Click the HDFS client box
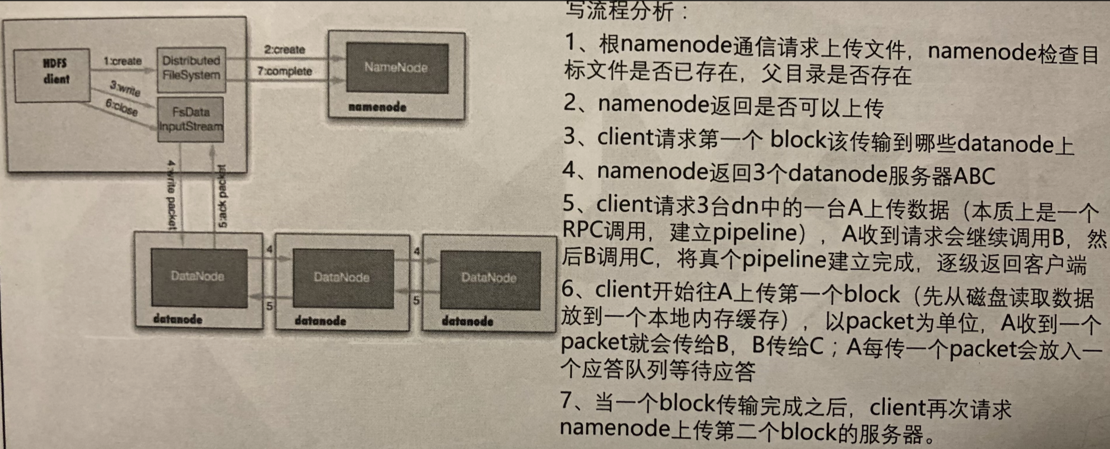pyautogui.click(x=52, y=75)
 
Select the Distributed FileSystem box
pyautogui.click(x=191, y=69)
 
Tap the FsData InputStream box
pyautogui.click(x=191, y=119)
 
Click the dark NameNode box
pyautogui.click(x=397, y=67)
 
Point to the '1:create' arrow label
pyautogui.click(x=122, y=61)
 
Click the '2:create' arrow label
pyautogui.click(x=284, y=50)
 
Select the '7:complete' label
pyautogui.click(x=284, y=71)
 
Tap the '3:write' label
pyautogui.click(x=125, y=89)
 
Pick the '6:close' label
pyautogui.click(x=121, y=108)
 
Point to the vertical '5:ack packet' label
pyautogui.click(x=222, y=197)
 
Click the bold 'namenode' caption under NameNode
pyautogui.click(x=377, y=107)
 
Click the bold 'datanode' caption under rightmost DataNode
pyautogui.click(x=467, y=322)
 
